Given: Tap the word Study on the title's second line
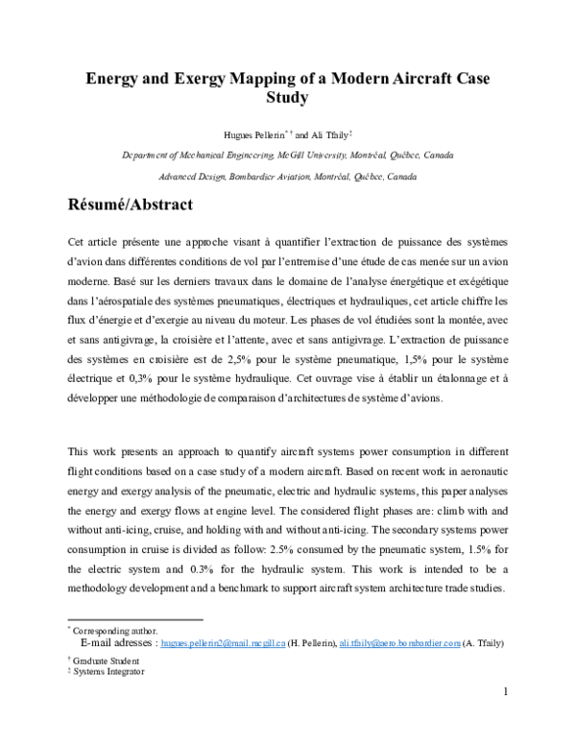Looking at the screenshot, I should (x=288, y=97).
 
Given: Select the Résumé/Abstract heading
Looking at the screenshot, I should (x=131, y=204).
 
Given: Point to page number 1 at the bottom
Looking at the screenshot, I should (x=505, y=691).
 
